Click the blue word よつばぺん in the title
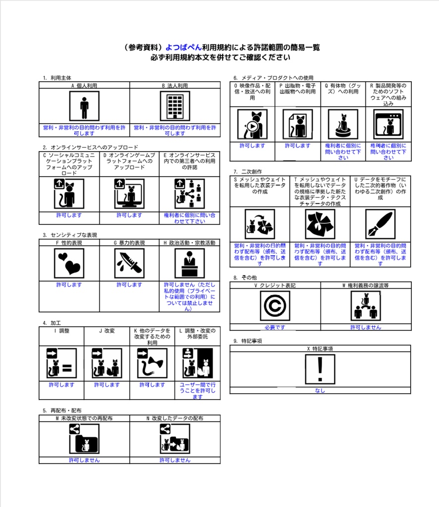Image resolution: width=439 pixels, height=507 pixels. [x=183, y=48]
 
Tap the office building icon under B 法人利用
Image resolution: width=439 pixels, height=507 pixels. [x=175, y=106]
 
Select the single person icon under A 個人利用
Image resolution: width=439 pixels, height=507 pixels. [x=84, y=106]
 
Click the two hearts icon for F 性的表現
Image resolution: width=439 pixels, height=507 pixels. [x=69, y=263]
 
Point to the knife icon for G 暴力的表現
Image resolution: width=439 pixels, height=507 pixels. [x=129, y=263]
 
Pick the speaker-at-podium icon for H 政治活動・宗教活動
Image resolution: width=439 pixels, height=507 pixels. [x=190, y=263]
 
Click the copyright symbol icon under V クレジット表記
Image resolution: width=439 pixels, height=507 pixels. [x=275, y=305]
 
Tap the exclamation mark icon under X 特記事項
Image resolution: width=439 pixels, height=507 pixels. [x=320, y=369]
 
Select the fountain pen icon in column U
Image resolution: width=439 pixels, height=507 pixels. [x=380, y=224]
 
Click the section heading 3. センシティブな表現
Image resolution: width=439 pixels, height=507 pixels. [x=70, y=235]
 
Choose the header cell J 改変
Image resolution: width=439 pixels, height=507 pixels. [x=107, y=331]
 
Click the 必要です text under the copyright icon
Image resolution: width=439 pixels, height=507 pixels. [x=275, y=327]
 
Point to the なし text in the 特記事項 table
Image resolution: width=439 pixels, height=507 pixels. [x=320, y=391]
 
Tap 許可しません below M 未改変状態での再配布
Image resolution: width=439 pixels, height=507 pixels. [x=84, y=460]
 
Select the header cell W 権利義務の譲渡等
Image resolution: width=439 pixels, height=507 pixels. [x=366, y=286]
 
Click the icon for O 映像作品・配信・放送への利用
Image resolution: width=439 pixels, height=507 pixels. [x=252, y=124]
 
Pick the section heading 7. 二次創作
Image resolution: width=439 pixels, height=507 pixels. [x=248, y=172]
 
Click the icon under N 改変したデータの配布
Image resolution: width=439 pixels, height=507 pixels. [x=175, y=439]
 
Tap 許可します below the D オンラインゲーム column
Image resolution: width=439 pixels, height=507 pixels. [x=129, y=215]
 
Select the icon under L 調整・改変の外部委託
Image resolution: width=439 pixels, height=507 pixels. [x=197, y=363]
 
